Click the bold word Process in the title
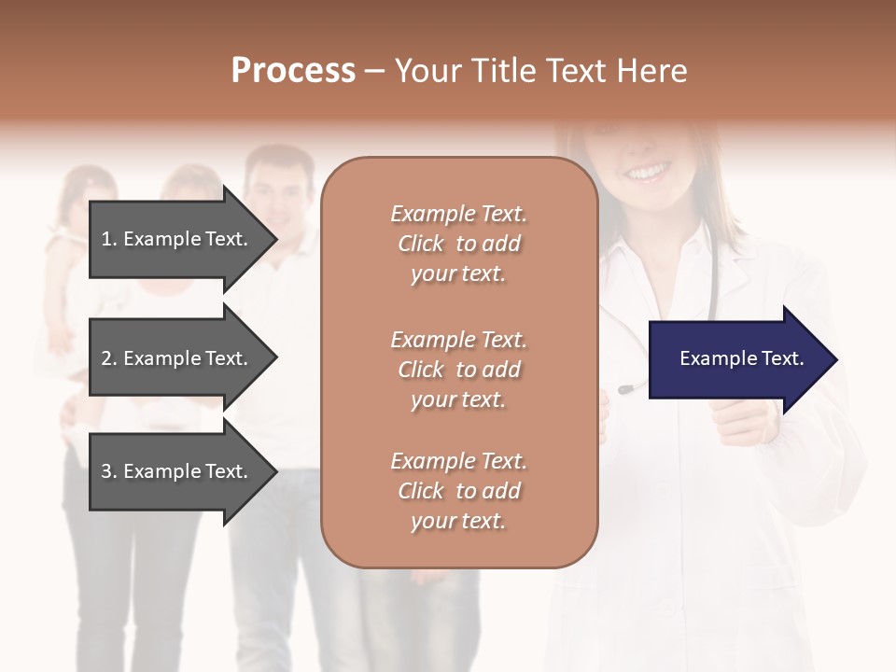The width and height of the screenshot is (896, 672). pyautogui.click(x=293, y=71)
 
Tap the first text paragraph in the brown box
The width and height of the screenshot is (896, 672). pyautogui.click(x=458, y=244)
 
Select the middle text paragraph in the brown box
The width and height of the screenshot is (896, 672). pyautogui.click(x=458, y=370)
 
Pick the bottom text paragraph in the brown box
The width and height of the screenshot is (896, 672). pyautogui.click(x=458, y=491)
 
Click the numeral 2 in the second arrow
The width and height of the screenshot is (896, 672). pyautogui.click(x=106, y=358)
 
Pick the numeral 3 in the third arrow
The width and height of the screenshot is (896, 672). pyautogui.click(x=106, y=471)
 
